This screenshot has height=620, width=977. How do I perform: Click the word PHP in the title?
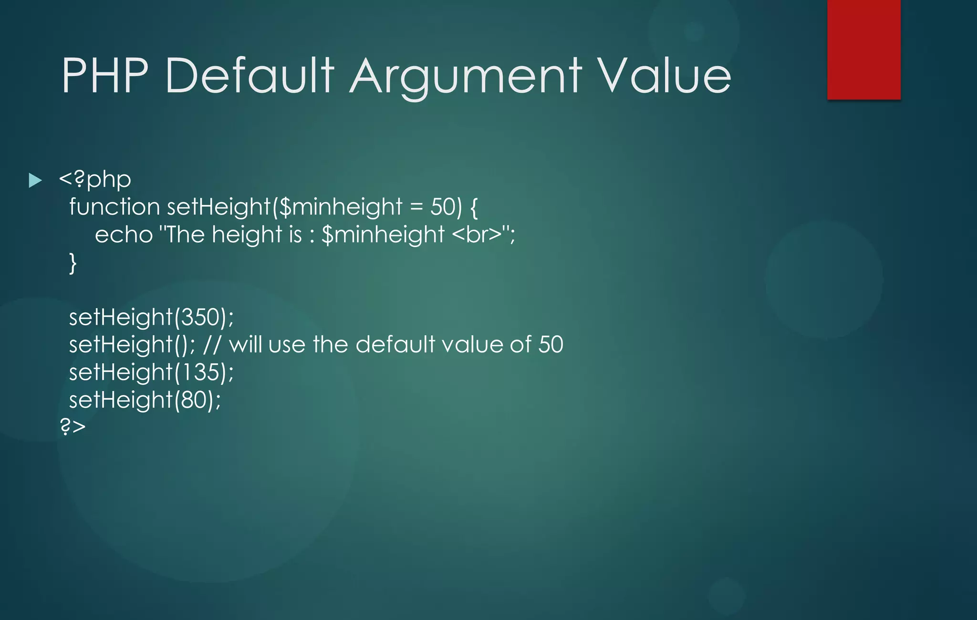[105, 75]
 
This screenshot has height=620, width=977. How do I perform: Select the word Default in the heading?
[249, 75]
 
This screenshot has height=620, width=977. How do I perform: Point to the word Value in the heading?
[664, 75]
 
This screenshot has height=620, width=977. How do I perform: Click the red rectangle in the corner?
[863, 50]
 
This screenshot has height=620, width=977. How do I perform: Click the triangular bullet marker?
[35, 180]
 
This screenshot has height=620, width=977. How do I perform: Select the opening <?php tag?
[95, 180]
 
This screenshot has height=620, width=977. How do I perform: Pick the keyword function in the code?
[114, 207]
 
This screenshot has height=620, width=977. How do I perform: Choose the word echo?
[124, 235]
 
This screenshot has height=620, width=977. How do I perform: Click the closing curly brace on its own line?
[73, 263]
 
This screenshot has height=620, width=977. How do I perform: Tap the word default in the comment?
[395, 344]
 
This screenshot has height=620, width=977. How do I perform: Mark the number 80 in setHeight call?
[193, 400]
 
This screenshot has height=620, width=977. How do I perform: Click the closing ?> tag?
[73, 426]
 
